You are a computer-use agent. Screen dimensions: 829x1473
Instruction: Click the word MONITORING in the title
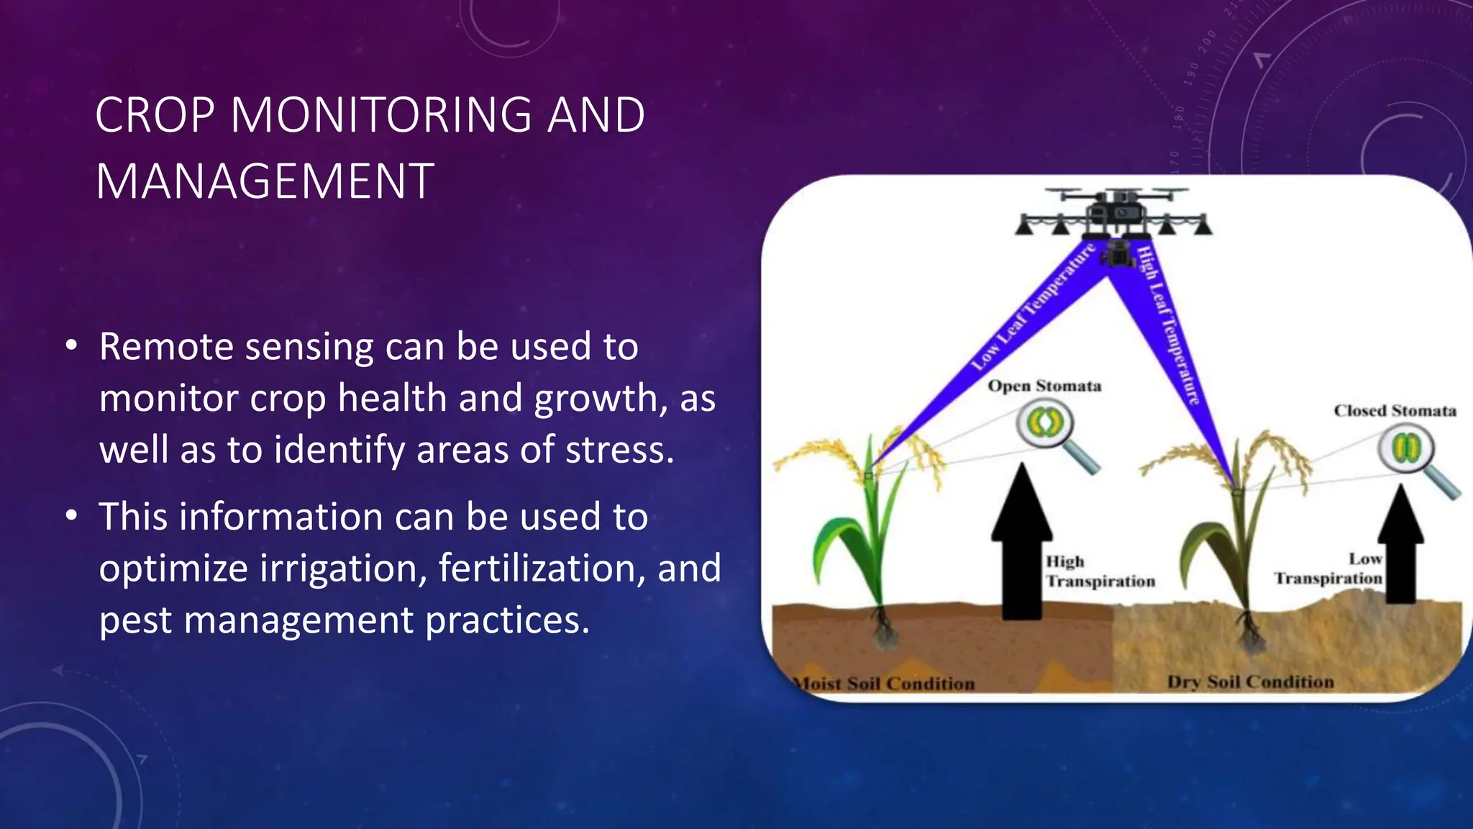(381, 115)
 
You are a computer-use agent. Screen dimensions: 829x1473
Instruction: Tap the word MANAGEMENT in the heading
(265, 181)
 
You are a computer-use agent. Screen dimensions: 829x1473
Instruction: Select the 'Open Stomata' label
(1044, 386)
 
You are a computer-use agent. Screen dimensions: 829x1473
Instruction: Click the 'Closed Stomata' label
(1395, 411)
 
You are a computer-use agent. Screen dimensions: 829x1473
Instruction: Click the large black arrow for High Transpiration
(1021, 543)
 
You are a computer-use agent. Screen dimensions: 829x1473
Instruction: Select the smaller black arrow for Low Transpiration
(1400, 545)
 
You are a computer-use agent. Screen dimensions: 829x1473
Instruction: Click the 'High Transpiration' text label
(1099, 571)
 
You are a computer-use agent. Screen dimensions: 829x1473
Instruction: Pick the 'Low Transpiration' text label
(1329, 569)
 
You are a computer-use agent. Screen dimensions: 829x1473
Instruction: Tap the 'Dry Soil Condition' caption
(1250, 682)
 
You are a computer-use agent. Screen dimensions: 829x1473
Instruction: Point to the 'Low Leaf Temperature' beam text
(1033, 307)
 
